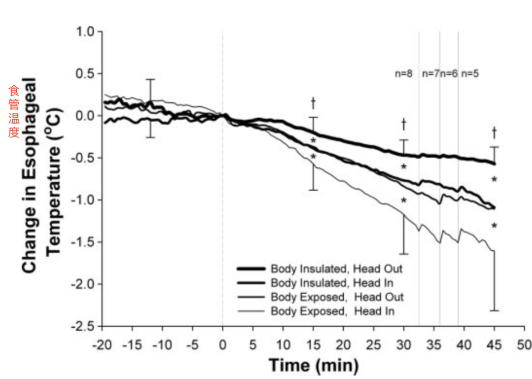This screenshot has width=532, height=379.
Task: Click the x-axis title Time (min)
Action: pos(313,365)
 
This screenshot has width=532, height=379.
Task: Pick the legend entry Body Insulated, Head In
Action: pos(333,283)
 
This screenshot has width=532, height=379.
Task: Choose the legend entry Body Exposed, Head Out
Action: pos(337,297)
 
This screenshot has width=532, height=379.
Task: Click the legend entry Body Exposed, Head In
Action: pos(332,311)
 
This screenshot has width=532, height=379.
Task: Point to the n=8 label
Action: pos(403,74)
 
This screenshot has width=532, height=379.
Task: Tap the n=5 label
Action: pos(469,74)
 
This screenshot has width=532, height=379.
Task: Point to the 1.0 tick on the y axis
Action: pos(87,32)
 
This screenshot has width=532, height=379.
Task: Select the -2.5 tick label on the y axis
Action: pos(85,326)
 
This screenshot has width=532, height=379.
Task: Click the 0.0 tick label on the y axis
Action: pos(87,116)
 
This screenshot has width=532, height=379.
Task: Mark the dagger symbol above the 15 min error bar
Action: pos(313,103)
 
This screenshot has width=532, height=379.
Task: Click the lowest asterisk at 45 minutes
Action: pos(494,226)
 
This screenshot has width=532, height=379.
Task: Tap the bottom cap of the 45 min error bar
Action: pos(494,310)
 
